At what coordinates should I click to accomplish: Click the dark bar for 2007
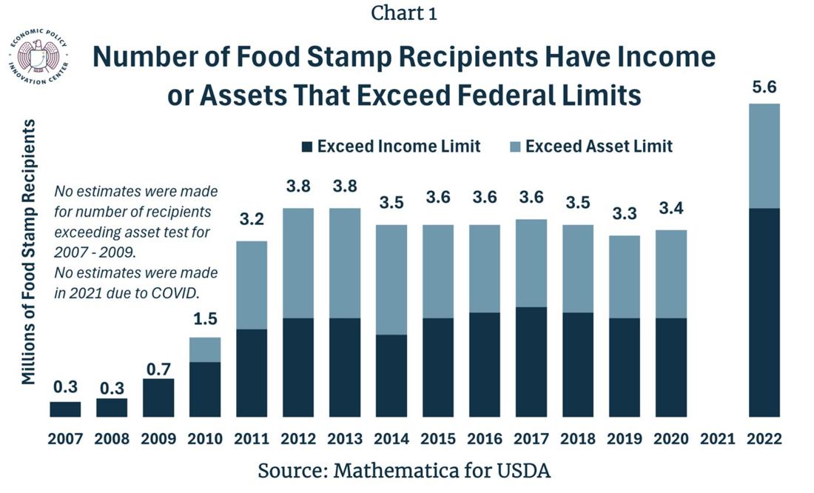click(x=65, y=409)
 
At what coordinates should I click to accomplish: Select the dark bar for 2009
click(x=158, y=398)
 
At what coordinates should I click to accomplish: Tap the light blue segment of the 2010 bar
click(x=205, y=349)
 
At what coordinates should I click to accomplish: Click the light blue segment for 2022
click(x=764, y=156)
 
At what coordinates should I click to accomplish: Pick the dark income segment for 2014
click(x=391, y=375)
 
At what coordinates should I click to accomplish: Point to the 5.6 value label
click(x=764, y=87)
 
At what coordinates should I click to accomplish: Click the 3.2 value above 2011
click(x=252, y=219)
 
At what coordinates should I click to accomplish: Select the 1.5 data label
click(x=205, y=318)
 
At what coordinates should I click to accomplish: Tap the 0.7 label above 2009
click(x=158, y=369)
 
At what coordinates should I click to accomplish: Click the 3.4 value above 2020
click(x=671, y=208)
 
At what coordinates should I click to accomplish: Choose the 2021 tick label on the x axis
click(x=718, y=439)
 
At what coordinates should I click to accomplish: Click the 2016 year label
click(x=485, y=439)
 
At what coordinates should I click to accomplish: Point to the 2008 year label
click(x=112, y=439)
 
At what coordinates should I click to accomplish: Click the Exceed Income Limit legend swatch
click(x=307, y=147)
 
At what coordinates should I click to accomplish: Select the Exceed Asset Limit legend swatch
click(x=515, y=147)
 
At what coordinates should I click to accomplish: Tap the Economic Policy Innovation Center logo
click(x=38, y=57)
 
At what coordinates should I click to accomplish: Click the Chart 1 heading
click(x=404, y=13)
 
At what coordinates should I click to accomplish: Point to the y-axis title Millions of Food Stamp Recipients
click(x=29, y=252)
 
